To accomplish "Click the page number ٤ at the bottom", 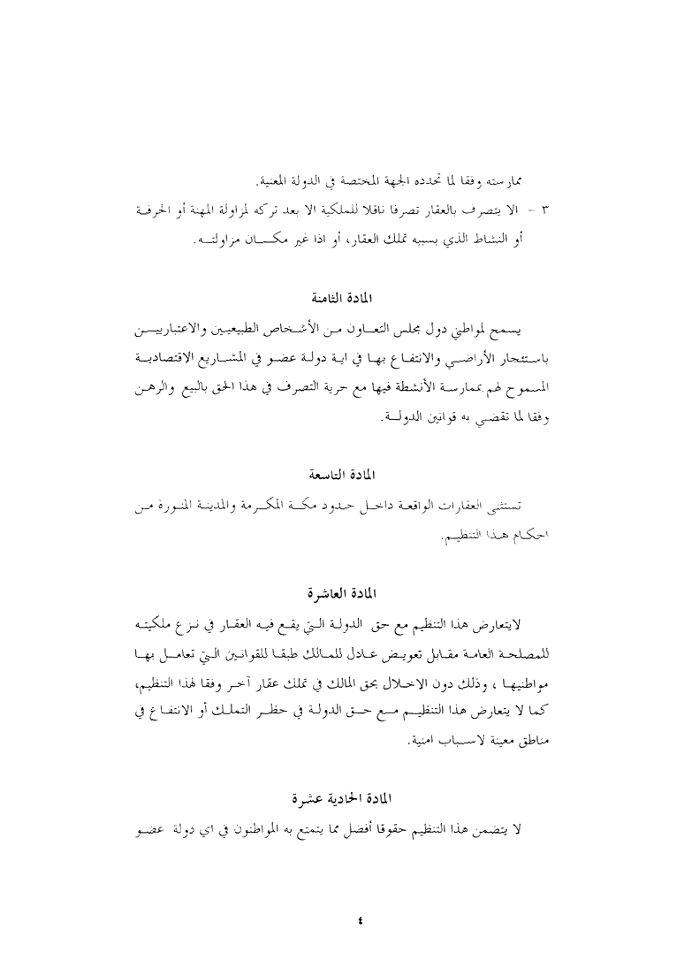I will (x=359, y=920).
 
